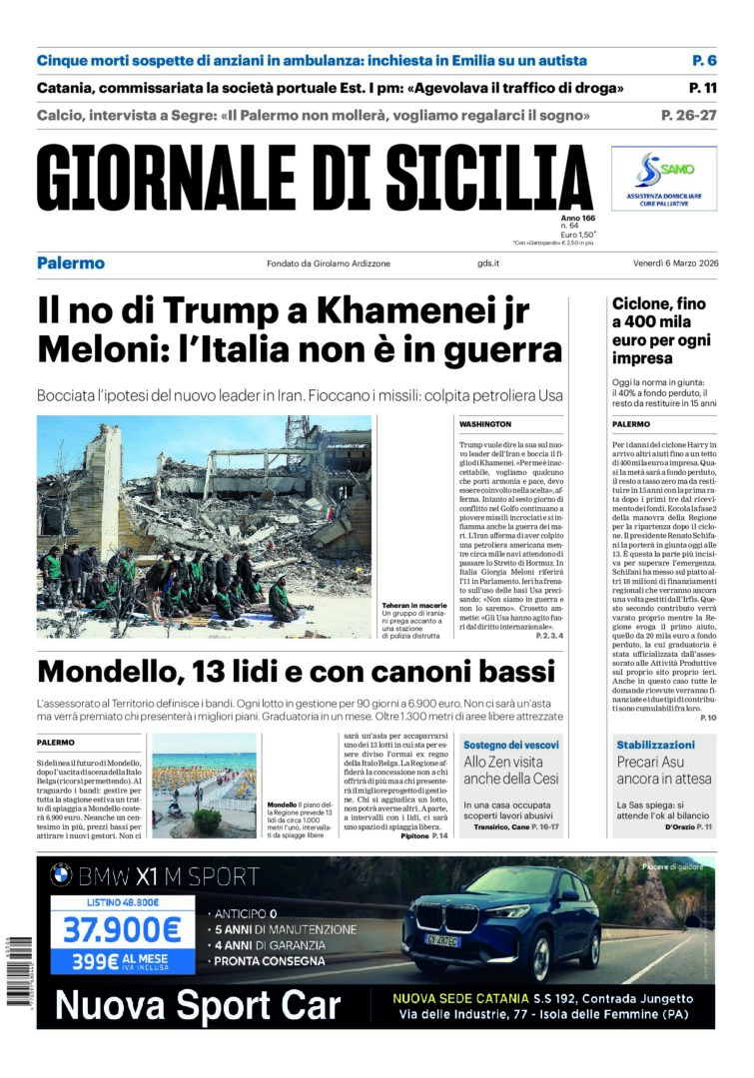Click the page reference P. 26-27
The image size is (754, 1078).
tap(688, 116)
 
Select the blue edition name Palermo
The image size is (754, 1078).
tap(71, 264)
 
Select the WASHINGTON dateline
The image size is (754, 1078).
tap(485, 424)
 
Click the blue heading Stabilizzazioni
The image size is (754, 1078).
tap(655, 745)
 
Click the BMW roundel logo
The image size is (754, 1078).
tap(61, 877)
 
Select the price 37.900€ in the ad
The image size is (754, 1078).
tap(122, 930)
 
